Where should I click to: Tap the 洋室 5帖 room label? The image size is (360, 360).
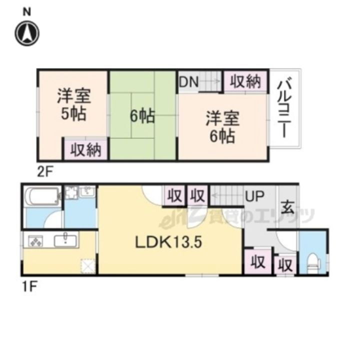(73, 104)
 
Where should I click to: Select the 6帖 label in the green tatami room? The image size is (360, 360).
(141, 116)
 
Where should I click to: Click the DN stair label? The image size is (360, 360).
(188, 82)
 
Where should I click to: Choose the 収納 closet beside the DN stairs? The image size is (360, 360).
(245, 82)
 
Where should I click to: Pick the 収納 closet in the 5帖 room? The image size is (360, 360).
(85, 149)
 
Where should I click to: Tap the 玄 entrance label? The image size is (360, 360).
(287, 206)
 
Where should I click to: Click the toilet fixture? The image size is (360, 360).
(313, 260)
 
